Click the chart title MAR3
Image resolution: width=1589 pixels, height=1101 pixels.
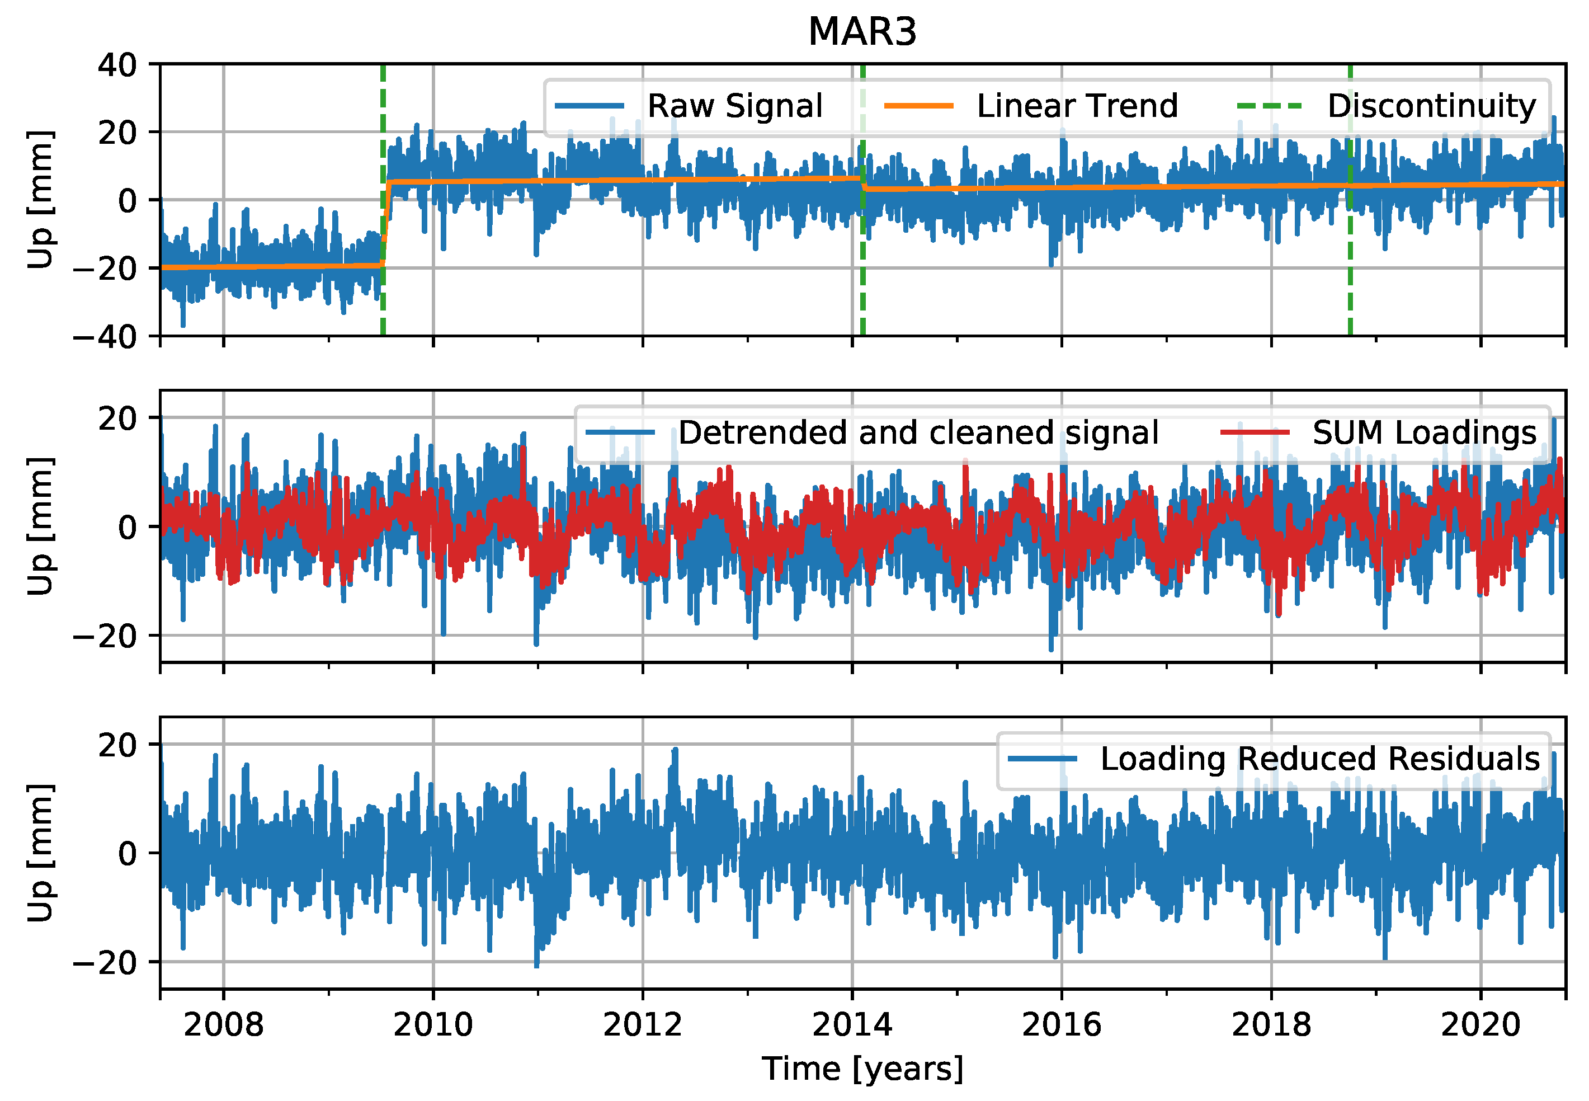[862, 32]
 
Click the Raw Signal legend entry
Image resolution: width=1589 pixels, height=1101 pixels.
[734, 106]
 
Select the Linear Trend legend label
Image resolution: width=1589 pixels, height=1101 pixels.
[1077, 106]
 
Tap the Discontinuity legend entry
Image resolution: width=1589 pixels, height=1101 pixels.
[1431, 106]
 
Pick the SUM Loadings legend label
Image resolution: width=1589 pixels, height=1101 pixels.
[1424, 433]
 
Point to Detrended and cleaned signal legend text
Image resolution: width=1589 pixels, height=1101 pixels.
[918, 433]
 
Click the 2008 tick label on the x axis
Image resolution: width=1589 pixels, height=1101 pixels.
[224, 1025]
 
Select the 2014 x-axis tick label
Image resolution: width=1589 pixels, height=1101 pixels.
[852, 1025]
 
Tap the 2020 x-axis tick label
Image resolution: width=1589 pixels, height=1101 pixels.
[1480, 1025]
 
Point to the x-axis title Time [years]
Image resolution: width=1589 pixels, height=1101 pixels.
[862, 1069]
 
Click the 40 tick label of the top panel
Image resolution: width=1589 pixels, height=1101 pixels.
[117, 65]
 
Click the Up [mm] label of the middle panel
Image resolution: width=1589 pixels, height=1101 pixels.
[40, 526]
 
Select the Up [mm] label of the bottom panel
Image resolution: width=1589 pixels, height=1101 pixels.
[40, 853]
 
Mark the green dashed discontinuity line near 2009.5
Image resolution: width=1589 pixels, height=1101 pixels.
[383, 304]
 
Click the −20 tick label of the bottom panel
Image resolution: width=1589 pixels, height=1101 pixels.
[106, 962]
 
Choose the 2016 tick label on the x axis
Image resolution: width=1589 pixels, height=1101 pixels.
[1062, 1025]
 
